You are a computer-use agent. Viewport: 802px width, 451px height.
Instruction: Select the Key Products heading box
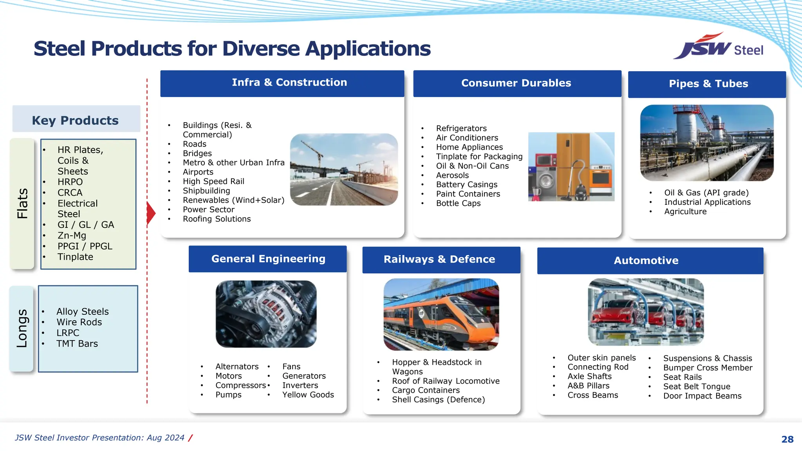pyautogui.click(x=76, y=119)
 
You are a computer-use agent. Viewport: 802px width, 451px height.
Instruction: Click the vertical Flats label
pyautogui.click(x=22, y=203)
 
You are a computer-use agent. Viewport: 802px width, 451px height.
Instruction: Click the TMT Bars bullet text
pyautogui.click(x=77, y=344)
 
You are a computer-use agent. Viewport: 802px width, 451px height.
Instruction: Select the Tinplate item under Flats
pyautogui.click(x=75, y=257)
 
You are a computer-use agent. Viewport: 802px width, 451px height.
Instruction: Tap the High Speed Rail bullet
pyautogui.click(x=213, y=181)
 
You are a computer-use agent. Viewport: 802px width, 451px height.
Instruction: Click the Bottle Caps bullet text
pyautogui.click(x=458, y=203)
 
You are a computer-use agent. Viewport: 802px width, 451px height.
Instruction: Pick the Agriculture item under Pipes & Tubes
pyautogui.click(x=685, y=211)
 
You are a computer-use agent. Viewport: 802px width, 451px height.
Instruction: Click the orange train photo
pyautogui.click(x=441, y=314)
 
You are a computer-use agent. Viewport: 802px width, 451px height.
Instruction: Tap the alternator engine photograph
pyautogui.click(x=266, y=314)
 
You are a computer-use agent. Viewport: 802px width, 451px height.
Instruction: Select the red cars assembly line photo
pyautogui.click(x=646, y=312)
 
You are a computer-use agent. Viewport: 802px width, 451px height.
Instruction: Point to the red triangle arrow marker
pyautogui.click(x=151, y=213)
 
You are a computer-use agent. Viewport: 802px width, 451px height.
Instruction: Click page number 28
pyautogui.click(x=787, y=439)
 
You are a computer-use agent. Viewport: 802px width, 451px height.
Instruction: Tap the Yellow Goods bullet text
pyautogui.click(x=308, y=395)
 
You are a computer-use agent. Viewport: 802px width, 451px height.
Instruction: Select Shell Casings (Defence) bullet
pyautogui.click(x=438, y=400)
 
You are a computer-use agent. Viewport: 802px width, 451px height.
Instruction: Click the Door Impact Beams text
pyautogui.click(x=702, y=396)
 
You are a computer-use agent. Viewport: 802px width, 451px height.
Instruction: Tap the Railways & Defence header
pyautogui.click(x=439, y=259)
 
